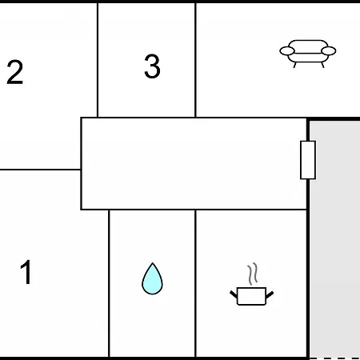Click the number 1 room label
tap(26, 272)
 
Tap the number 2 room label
tap(15, 72)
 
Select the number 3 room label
tap(152, 66)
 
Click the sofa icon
tap(308, 54)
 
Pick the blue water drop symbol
tap(152, 278)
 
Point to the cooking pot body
tap(251, 296)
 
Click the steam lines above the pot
tap(252, 274)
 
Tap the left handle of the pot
tap(234, 294)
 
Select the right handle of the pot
tap(270, 294)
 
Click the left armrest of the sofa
tap(287, 50)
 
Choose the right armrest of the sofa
tap(329, 50)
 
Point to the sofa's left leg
tap(294, 65)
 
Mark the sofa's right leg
tap(322, 65)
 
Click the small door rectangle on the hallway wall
tap(308, 160)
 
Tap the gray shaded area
tap(334, 238)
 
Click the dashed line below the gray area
tap(334, 358)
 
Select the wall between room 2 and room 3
tap(98, 60)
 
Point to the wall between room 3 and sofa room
tap(195, 60)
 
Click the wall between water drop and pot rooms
tap(195, 283)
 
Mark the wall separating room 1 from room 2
tap(40, 170)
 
